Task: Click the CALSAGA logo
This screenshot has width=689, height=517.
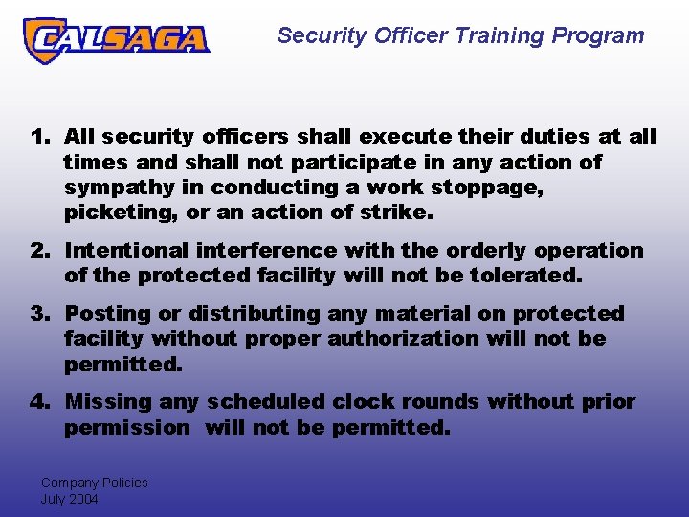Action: pyautogui.click(x=116, y=39)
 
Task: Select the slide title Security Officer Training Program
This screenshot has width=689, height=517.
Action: pyautogui.click(x=460, y=36)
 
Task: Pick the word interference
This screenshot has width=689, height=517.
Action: pyautogui.click(x=266, y=251)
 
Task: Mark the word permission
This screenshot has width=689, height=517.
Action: pyautogui.click(x=127, y=427)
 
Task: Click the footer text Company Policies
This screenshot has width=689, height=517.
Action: pyautogui.click(x=94, y=483)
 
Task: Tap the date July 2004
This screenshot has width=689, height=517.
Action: pyautogui.click(x=69, y=499)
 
